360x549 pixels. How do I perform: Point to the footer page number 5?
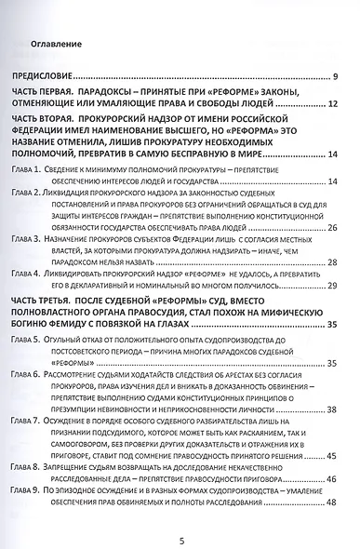click(x=180, y=535)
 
